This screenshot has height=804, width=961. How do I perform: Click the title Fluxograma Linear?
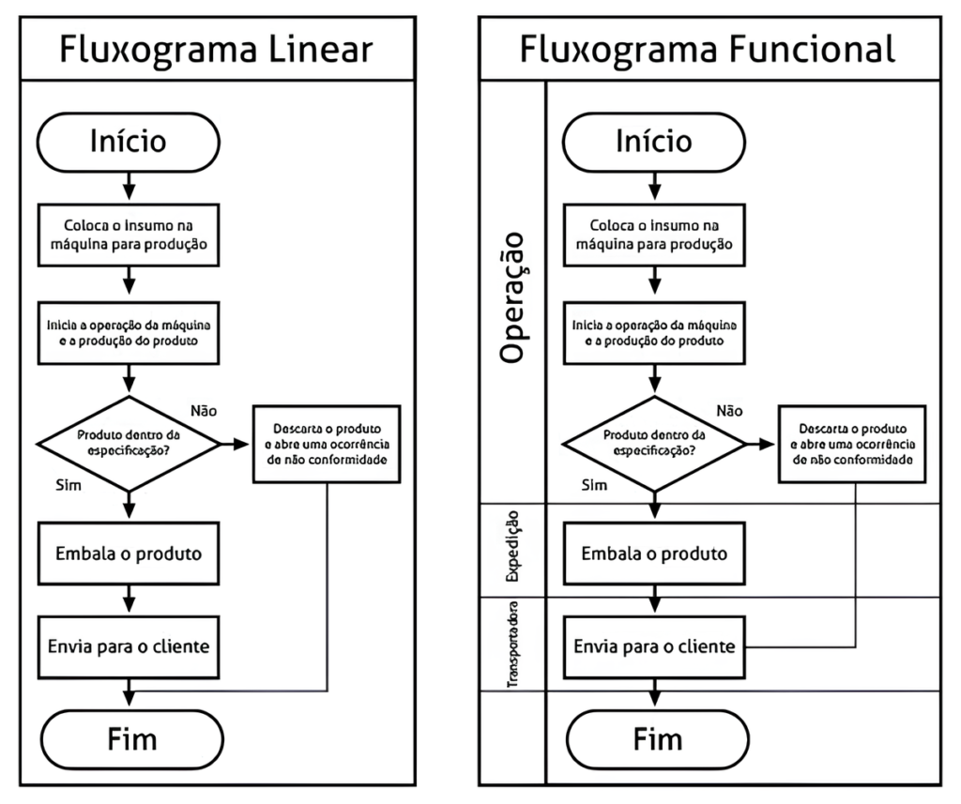pos(217,49)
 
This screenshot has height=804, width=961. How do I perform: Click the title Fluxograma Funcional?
pos(708,49)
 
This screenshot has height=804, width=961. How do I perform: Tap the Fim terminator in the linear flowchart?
pos(128,738)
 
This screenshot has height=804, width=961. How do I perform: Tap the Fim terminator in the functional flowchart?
pos(655,738)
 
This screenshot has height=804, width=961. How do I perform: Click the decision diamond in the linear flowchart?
pos(129,443)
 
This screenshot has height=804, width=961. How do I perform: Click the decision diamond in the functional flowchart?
pos(655,443)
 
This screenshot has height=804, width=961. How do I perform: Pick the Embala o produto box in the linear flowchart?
pos(128,553)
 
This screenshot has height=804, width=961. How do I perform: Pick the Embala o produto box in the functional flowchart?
pos(655,553)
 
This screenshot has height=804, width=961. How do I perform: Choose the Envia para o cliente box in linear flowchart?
pos(128,646)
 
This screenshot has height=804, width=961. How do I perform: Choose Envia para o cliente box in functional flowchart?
pos(655,646)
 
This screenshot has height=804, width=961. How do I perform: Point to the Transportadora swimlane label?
pos(513,645)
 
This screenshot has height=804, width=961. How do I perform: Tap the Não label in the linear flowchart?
pos(205,411)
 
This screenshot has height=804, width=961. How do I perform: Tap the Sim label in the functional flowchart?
pos(594,485)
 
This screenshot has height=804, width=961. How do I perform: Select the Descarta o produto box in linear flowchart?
pos(327,443)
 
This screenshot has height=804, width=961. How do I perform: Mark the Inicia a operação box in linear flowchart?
pos(128,332)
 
